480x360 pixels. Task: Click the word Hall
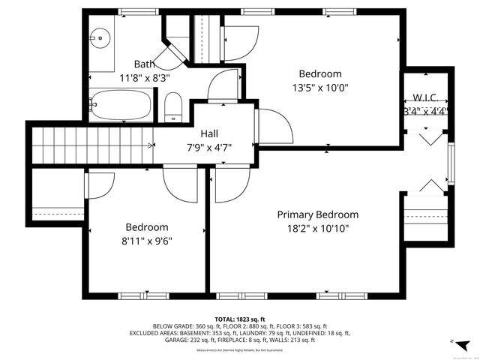pos(208,134)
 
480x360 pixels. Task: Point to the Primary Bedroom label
pos(317,214)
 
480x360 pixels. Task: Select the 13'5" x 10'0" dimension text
pos(319,87)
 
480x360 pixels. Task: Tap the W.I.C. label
pos(425,98)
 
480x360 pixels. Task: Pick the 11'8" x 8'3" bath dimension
pos(145,76)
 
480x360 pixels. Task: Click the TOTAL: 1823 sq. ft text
pos(240,319)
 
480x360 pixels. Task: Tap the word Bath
pos(145,64)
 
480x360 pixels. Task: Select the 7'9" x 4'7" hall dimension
pos(208,147)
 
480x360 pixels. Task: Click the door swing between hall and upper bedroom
pos(271,124)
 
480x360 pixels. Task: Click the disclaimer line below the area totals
pos(240,350)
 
